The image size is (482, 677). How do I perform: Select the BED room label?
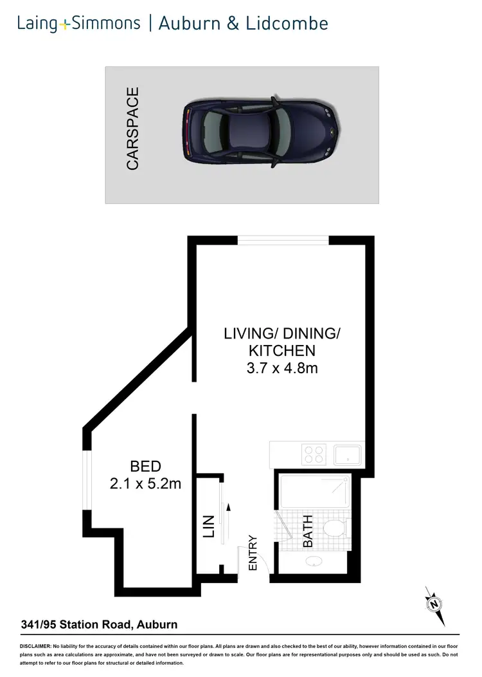point(145,467)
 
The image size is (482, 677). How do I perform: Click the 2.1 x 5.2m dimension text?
point(145,483)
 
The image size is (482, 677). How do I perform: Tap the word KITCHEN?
point(282,351)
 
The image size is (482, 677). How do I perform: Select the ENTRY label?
point(253,553)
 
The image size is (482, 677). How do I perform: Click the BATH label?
point(308,532)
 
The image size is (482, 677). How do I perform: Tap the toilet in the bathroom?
point(335,529)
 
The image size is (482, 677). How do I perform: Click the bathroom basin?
point(314,561)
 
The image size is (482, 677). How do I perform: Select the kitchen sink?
point(348,455)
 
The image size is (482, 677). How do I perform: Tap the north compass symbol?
point(435,604)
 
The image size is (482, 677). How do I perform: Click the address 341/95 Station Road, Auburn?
point(99,624)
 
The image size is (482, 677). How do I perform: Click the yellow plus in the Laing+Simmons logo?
point(65,25)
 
